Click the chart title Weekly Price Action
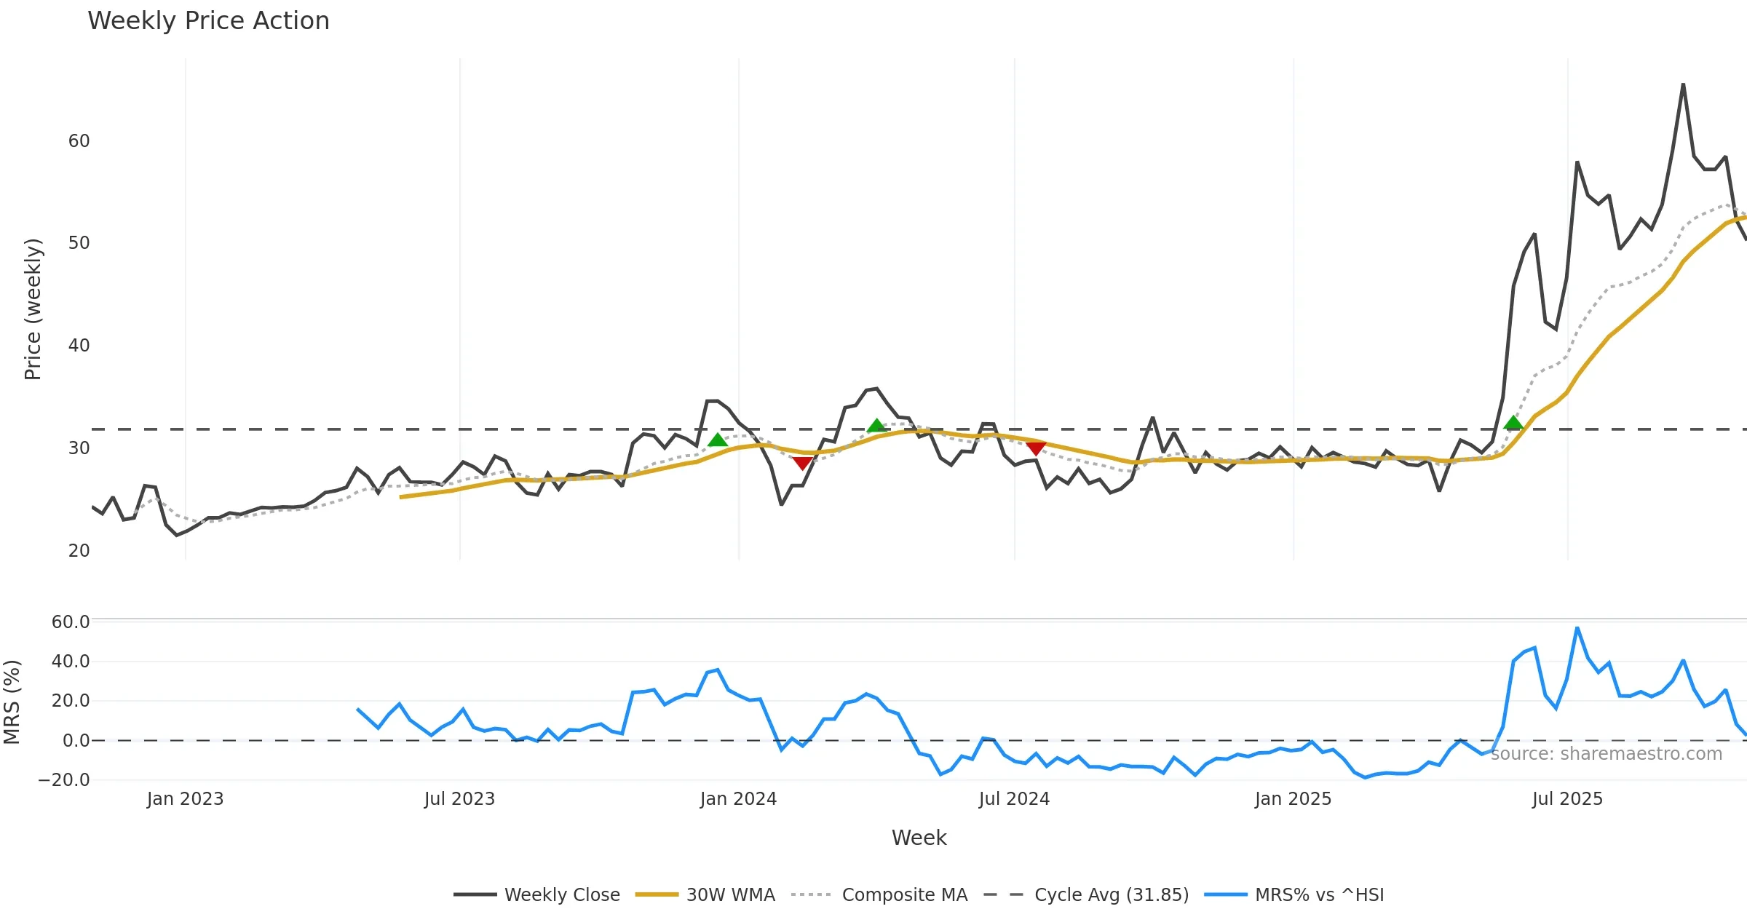(208, 21)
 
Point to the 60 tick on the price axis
(79, 141)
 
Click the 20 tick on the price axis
(79, 551)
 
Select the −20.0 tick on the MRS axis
(64, 780)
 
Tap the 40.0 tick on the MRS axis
(70, 662)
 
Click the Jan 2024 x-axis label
(738, 799)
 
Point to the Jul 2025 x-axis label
(1567, 799)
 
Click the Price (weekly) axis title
(33, 309)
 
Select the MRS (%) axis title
(12, 702)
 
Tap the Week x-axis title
(919, 838)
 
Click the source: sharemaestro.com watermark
(1606, 754)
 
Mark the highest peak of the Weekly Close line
(1683, 84)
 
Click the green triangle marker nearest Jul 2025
(1513, 423)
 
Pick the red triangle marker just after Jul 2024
(1036, 448)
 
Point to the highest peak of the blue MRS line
(1577, 628)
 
